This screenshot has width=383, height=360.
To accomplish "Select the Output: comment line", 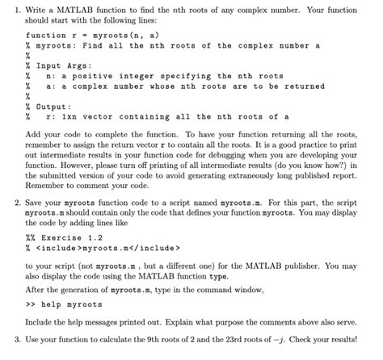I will coord(45,106).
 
